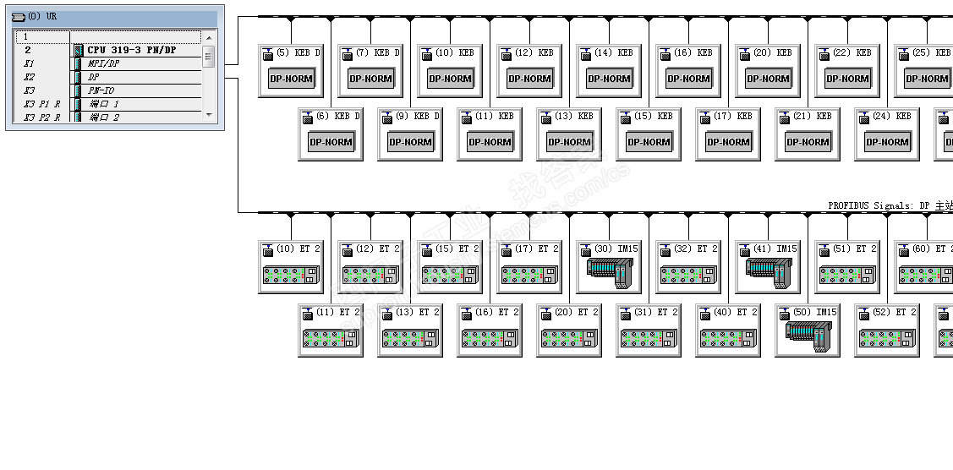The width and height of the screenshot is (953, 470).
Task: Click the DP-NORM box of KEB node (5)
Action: tap(291, 79)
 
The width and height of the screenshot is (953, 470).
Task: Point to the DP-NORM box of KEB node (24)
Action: tap(887, 142)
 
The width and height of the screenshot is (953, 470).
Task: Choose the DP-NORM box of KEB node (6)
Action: tap(331, 142)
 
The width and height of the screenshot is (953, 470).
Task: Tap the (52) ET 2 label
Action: tap(894, 312)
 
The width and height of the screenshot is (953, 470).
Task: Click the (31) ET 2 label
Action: tap(655, 312)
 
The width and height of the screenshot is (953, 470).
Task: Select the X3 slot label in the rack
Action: tap(29, 90)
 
